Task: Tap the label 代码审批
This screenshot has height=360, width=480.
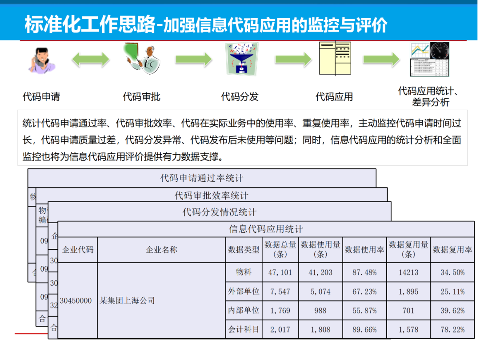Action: (x=141, y=96)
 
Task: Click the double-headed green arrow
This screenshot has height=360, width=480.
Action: (x=91, y=59)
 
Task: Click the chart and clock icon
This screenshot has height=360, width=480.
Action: (x=429, y=59)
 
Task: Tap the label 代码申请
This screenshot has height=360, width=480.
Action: (x=41, y=96)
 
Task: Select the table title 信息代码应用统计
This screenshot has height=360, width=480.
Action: (x=266, y=229)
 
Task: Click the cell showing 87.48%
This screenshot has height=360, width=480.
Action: (x=364, y=272)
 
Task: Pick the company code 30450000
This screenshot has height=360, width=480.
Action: (x=76, y=301)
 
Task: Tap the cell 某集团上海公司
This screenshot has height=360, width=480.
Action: (x=127, y=301)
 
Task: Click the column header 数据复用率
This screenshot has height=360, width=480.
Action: (x=452, y=250)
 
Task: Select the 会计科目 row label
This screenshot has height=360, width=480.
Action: (x=244, y=329)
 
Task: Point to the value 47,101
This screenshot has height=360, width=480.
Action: (x=280, y=272)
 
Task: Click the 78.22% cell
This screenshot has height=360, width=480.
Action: (x=452, y=329)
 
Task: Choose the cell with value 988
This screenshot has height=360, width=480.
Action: (x=320, y=311)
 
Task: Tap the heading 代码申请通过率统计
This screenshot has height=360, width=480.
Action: (x=202, y=178)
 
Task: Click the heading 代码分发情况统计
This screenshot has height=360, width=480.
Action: (x=220, y=212)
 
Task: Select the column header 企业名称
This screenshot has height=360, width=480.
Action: (x=161, y=250)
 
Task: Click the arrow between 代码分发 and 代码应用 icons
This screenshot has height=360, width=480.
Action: (x=293, y=59)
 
